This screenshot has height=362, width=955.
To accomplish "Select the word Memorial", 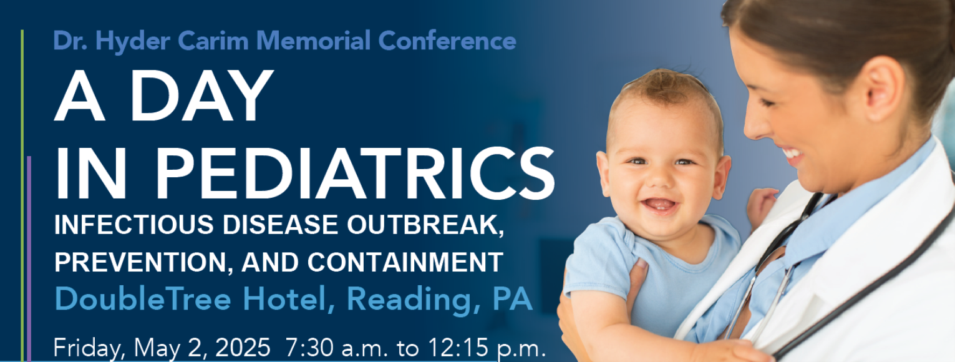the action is (314, 41).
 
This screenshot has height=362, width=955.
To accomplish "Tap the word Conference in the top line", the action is (447, 41).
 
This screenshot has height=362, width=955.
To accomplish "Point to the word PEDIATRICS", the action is (356, 173).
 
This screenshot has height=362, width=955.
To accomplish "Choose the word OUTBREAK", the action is (425, 225).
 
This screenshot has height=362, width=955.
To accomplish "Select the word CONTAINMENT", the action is (405, 262).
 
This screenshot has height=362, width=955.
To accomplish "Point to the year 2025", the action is (243, 348).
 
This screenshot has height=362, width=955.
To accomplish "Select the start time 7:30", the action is (309, 348).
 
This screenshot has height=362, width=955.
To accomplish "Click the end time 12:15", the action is (458, 348).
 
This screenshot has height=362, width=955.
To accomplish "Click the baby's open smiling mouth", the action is (659, 205).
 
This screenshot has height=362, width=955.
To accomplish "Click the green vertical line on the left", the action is (22, 196).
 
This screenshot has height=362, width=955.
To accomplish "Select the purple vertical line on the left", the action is (29, 259).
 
